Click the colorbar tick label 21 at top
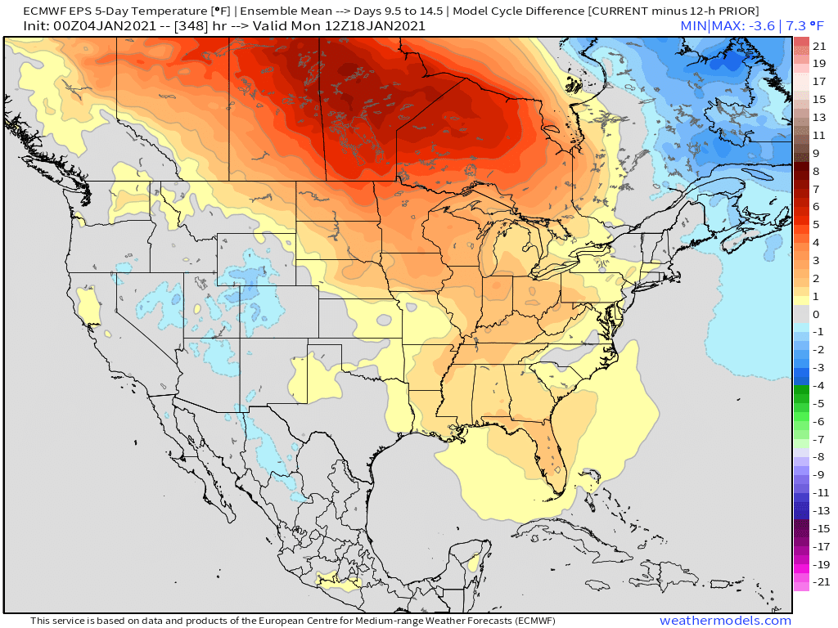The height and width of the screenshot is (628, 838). tap(819, 45)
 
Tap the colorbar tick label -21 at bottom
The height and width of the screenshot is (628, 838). tap(819, 582)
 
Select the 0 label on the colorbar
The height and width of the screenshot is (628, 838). tap(816, 314)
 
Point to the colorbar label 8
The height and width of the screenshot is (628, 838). tap(816, 171)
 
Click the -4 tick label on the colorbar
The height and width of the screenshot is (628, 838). tap(818, 385)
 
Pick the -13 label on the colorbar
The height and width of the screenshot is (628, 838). tap(819, 510)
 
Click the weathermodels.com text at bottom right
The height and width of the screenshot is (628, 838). tap(725, 621)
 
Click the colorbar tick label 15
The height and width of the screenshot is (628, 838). tap(819, 99)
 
